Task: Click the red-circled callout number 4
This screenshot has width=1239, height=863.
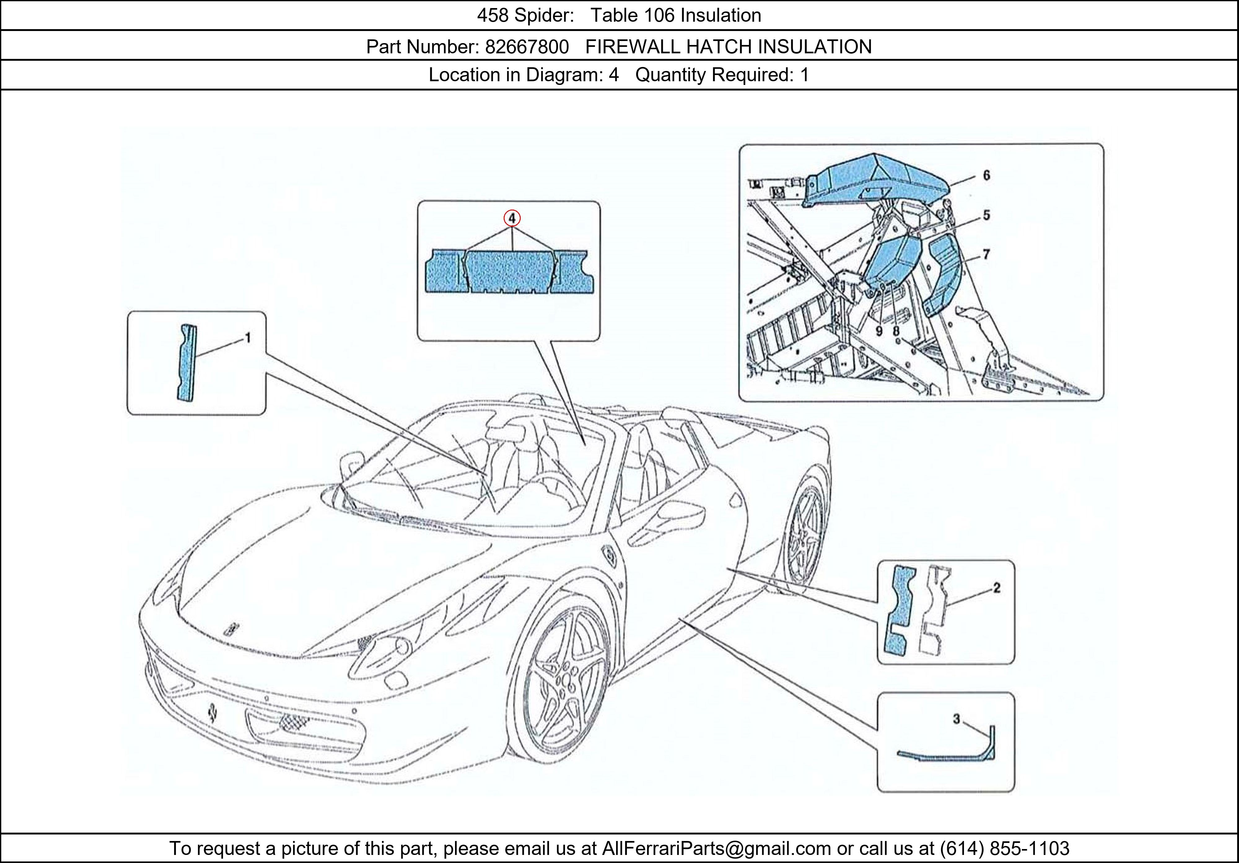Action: coord(512,218)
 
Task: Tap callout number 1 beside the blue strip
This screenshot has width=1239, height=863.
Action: coord(248,338)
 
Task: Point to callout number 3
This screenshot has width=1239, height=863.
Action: coord(956,719)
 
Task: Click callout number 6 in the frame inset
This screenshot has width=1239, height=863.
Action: coord(987,175)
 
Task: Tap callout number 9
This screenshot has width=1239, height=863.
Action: coord(878,330)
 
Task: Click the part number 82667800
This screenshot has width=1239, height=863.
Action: coord(527,47)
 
